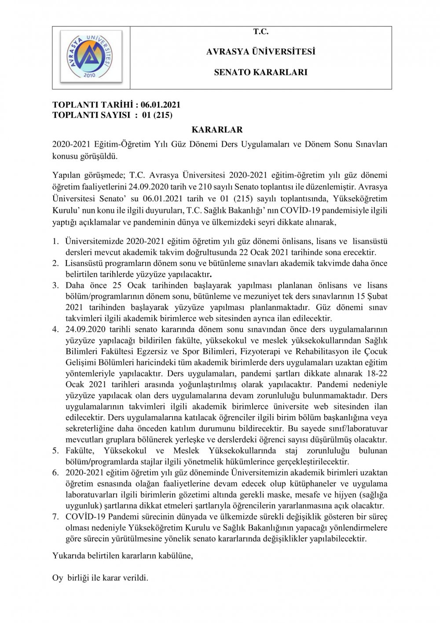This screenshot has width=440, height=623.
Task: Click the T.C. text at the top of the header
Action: pyautogui.click(x=260, y=32)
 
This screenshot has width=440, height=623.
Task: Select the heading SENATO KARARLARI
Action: pyautogui.click(x=260, y=72)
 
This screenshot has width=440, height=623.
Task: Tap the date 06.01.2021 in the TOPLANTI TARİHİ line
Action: pyautogui.click(x=161, y=105)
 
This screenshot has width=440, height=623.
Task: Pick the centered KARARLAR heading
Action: pyautogui.click(x=217, y=130)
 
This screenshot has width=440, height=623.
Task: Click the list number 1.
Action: pyautogui.click(x=55, y=241)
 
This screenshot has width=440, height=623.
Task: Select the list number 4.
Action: pyautogui.click(x=55, y=329)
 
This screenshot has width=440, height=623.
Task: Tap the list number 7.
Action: pyautogui.click(x=55, y=516)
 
